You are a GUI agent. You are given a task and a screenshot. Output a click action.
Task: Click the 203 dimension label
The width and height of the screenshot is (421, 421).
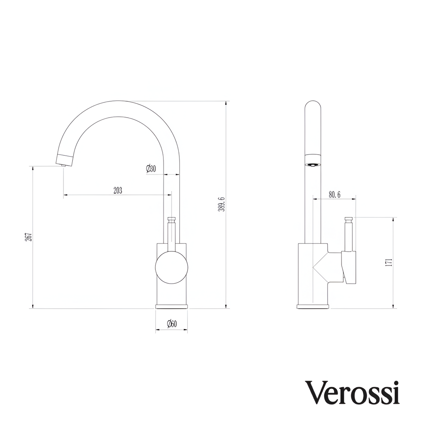click(118, 190)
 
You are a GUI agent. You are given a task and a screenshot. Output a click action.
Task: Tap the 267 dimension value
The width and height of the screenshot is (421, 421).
click(29, 237)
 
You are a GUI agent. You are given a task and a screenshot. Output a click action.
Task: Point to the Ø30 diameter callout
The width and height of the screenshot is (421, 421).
click(151, 169)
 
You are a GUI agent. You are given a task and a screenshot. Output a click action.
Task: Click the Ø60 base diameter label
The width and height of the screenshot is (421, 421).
click(172, 324)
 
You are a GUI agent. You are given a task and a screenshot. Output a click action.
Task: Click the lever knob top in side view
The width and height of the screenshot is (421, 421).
click(349, 218)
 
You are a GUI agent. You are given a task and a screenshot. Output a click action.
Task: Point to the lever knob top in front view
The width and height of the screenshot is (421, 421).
click(172, 219)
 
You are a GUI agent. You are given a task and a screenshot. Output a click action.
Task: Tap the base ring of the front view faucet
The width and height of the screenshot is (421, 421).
click(172, 307)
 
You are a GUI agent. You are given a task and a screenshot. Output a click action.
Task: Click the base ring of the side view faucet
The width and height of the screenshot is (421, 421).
click(313, 307)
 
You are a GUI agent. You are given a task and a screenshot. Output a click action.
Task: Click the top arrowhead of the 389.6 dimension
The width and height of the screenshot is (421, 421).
click(226, 103)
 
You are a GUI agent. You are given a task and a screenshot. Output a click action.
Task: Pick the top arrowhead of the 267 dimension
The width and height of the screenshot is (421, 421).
click(32, 168)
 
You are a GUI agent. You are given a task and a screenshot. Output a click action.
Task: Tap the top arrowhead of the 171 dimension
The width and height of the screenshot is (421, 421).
click(393, 219)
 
